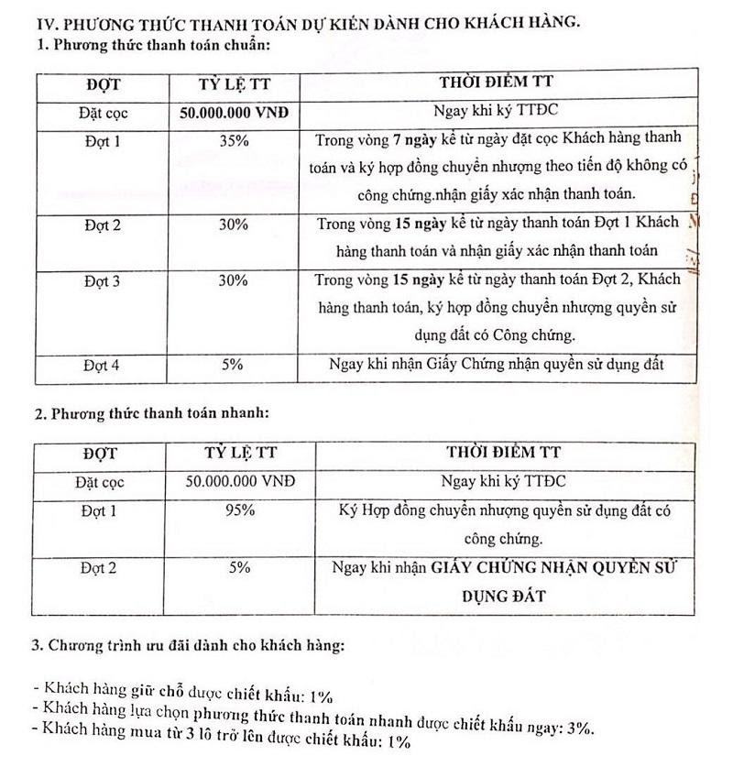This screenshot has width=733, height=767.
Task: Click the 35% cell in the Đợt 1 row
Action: coord(233,142)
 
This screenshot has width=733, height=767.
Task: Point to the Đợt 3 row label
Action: coord(102,281)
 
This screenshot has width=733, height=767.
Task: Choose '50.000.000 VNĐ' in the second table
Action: coord(233,480)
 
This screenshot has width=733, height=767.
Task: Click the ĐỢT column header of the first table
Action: coord(104,85)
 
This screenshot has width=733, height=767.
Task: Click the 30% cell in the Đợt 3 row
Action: coord(233,281)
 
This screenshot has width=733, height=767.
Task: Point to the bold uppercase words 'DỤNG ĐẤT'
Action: coord(503,596)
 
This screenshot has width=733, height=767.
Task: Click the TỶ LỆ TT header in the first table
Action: coord(233,85)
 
